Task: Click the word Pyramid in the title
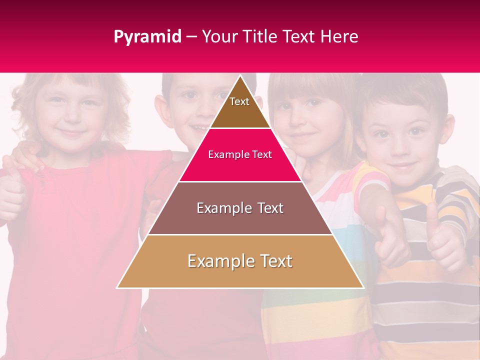click(x=147, y=37)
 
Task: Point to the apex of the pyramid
click(x=240, y=76)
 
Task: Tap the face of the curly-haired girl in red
click(x=70, y=115)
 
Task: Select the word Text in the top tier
click(x=239, y=101)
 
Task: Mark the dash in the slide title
click(x=191, y=37)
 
